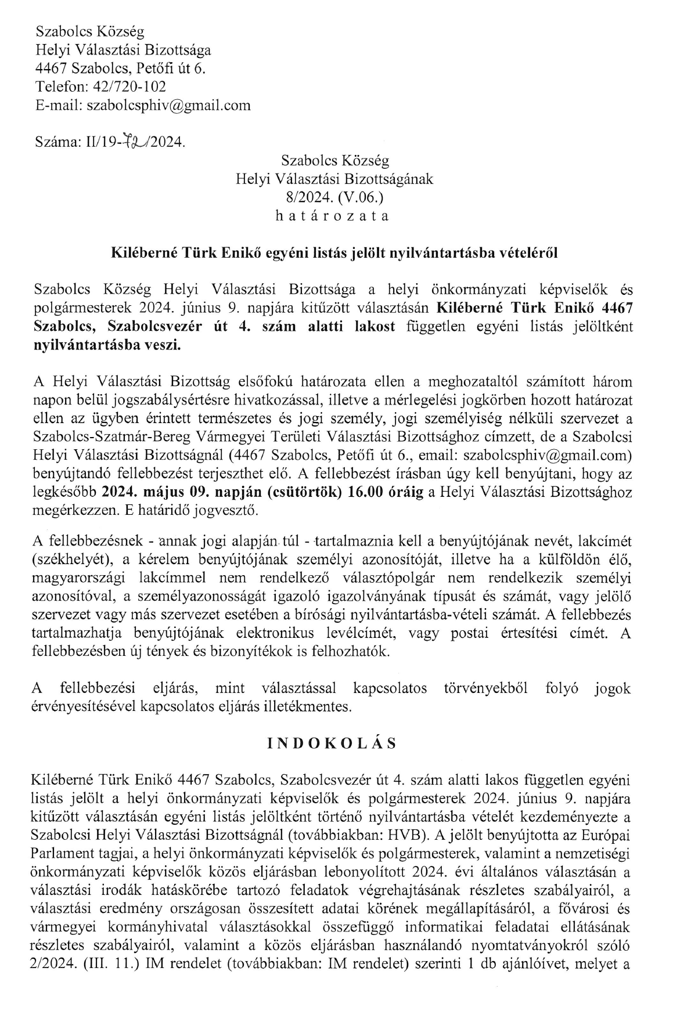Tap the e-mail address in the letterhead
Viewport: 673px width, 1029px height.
[168, 105]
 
